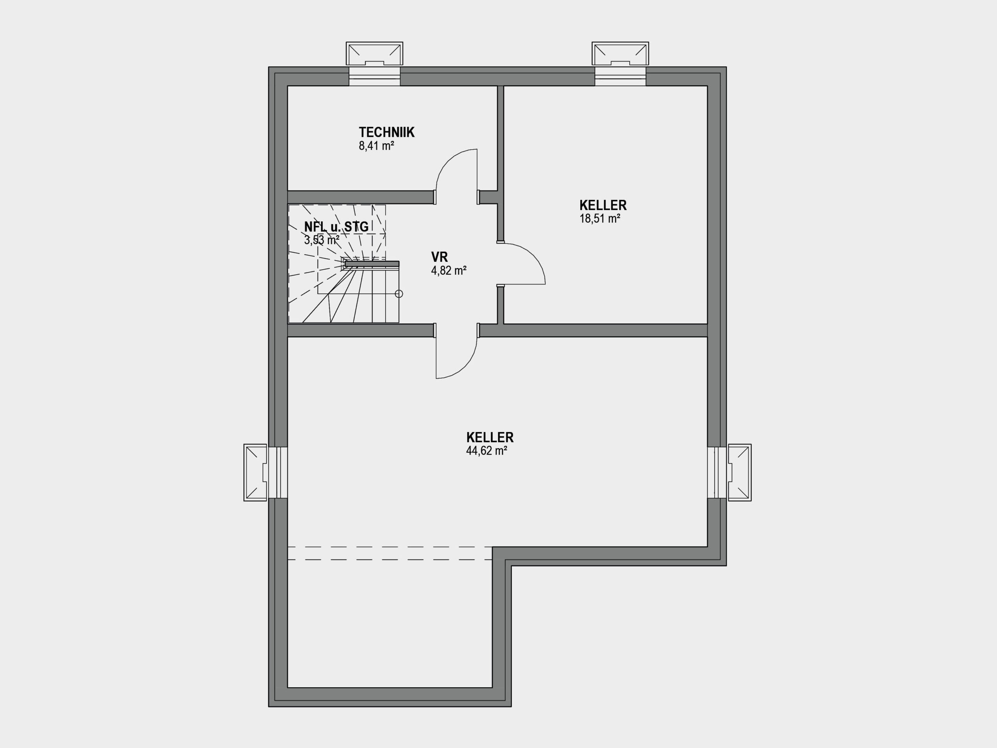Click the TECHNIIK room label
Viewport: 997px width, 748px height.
pos(386,132)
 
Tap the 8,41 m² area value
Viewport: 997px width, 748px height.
pos(376,146)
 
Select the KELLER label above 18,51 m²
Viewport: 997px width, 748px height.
pos(602,205)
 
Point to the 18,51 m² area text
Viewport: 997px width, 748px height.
pos(599,219)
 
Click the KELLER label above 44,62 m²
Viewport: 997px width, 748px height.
pos(490,438)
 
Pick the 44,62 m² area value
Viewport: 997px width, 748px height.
pos(487,451)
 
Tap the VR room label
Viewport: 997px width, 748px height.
pos(439,257)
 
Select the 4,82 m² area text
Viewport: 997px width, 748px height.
pos(449,270)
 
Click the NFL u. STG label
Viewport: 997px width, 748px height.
pos(336,226)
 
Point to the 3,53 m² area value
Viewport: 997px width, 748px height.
pos(322,240)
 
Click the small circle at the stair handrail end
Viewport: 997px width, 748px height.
pos(398,294)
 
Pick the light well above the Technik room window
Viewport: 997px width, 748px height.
pos(374,54)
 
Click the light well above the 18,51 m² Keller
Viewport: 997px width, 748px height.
pos(620,54)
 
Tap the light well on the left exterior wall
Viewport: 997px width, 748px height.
pos(255,473)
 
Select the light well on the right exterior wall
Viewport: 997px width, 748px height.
pos(740,473)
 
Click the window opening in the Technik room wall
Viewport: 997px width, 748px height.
pos(375,76)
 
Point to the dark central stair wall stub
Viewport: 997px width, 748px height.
pos(372,264)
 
